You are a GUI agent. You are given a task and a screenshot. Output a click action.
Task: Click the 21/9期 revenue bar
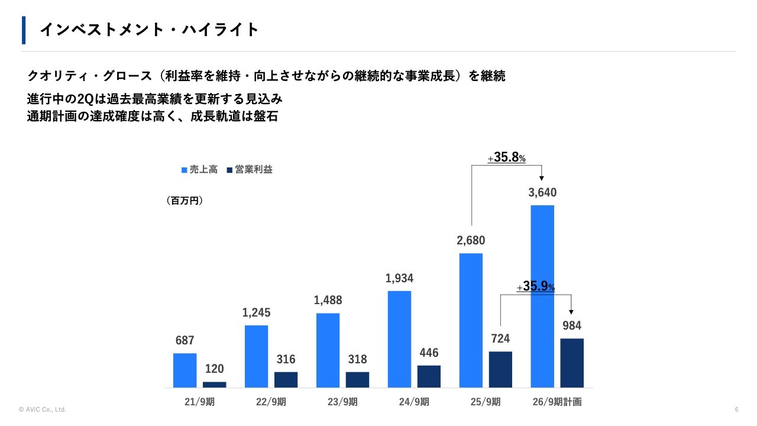tap(185, 370)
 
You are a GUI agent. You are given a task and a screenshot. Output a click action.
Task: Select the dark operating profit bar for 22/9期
tap(286, 380)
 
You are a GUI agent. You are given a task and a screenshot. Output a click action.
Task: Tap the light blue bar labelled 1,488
tap(328, 350)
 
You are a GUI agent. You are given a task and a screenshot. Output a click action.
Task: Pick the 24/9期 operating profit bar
tap(429, 376)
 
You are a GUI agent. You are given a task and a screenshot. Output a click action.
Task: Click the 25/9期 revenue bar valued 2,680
tap(471, 320)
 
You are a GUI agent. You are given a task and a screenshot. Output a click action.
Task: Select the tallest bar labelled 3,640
tap(542, 296)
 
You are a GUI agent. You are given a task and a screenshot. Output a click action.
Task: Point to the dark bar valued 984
tap(572, 363)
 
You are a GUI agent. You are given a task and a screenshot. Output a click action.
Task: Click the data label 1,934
tap(399, 278)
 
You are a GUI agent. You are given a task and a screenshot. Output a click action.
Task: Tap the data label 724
tap(500, 339)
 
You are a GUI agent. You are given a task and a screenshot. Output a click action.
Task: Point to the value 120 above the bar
tap(214, 369)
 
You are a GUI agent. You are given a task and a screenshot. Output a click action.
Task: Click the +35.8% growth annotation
tap(507, 159)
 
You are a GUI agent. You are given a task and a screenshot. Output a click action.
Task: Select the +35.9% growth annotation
tap(536, 287)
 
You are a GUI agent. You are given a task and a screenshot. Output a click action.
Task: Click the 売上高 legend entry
tap(199, 170)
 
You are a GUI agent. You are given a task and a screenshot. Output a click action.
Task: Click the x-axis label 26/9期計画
tap(557, 402)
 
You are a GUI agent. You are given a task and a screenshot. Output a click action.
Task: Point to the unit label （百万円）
tap(185, 201)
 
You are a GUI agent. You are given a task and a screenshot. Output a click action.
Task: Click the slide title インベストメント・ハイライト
tap(149, 30)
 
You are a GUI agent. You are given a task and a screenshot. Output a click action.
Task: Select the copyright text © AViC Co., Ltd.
tap(43, 409)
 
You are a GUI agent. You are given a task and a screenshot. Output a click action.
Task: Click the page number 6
tap(736, 409)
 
